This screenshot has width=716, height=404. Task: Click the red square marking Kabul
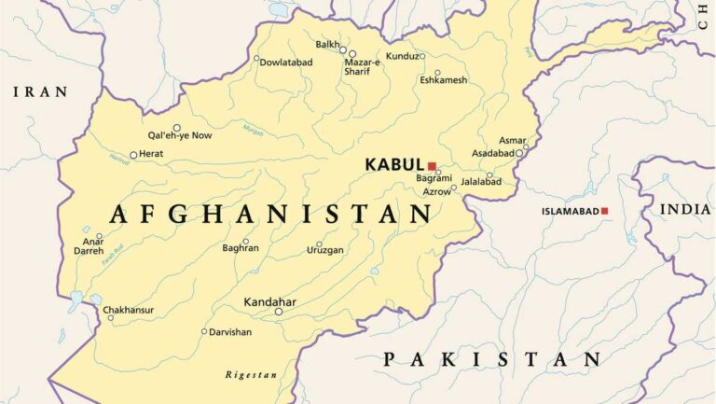point(432,165)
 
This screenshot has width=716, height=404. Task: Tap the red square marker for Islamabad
point(604,211)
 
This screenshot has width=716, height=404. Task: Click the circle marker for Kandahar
point(278,312)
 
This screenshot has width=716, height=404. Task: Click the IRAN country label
point(39,91)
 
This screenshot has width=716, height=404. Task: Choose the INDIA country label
point(685,209)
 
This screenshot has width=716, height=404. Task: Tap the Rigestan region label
point(251,375)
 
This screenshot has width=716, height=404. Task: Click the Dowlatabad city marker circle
point(256,58)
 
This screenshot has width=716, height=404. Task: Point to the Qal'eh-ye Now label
point(179,136)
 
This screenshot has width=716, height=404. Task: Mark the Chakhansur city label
point(128,310)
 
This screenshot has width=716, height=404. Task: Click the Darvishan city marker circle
point(204,331)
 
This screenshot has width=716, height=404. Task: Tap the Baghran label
point(241,248)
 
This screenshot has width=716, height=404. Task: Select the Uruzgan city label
point(325,250)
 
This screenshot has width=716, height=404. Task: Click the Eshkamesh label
point(443,81)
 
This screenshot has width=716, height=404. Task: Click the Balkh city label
point(327,44)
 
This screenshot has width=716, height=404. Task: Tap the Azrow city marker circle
point(454,188)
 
